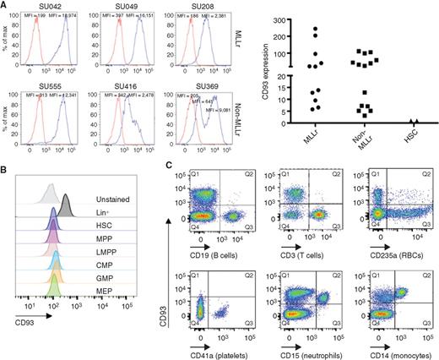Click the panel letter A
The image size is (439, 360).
click(6, 6)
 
